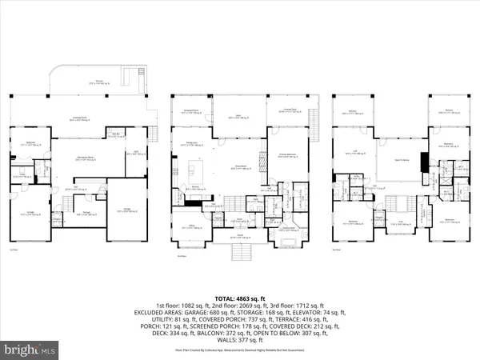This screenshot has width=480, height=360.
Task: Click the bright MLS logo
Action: (x=30, y=350)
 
